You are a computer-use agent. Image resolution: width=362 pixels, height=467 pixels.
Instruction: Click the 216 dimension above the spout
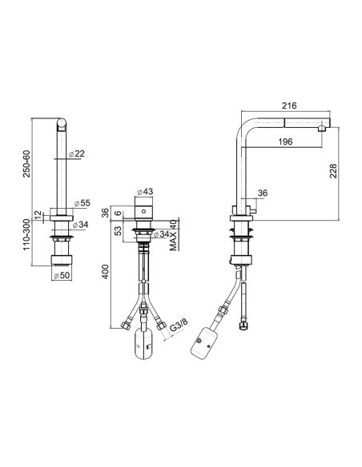[x=289, y=106]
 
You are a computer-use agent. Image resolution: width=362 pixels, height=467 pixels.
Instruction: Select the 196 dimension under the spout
[x=285, y=142]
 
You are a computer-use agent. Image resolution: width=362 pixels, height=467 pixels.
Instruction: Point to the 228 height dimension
[x=333, y=171]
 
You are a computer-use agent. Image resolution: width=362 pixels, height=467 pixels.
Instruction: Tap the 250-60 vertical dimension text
[x=27, y=164]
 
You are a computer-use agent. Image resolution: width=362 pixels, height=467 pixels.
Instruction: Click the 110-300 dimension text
[x=27, y=234]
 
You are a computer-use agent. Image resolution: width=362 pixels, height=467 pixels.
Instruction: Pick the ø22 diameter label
[x=77, y=154]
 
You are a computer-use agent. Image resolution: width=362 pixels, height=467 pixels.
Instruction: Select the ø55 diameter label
[x=82, y=203]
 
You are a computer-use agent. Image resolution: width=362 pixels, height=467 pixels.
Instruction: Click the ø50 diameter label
[x=62, y=276]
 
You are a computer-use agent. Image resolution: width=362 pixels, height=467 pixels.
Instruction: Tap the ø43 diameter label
[x=145, y=191]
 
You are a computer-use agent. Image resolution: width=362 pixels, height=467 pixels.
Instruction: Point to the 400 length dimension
[x=106, y=272]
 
